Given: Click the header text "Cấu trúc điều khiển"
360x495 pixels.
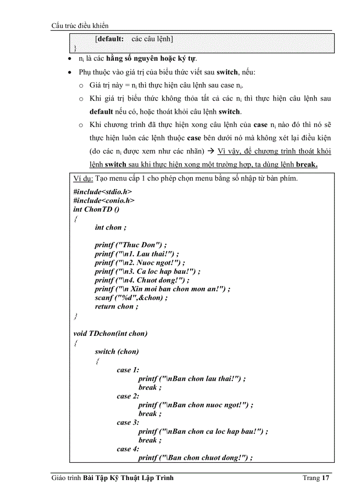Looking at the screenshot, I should coord(80,26).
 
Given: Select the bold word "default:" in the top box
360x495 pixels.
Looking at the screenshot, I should coord(110,39).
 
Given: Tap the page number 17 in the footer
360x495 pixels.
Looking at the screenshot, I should coord(326,478).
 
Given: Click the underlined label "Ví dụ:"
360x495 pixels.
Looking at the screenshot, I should coord(83,179).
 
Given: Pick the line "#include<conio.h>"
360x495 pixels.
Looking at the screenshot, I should coord(104,201).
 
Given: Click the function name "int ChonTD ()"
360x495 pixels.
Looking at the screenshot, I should coord(96,209).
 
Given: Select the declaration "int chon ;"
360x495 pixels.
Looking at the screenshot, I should coord(110,227).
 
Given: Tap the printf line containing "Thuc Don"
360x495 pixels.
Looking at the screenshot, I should coord(131,245).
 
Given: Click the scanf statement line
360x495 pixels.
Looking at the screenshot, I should coord(131,298).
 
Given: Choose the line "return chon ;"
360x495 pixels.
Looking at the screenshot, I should coord(116,306).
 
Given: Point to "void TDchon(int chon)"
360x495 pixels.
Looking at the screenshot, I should coord(110,333).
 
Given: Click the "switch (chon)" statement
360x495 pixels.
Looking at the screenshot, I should coord(116,351).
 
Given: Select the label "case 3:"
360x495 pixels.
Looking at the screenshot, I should coord(128,422).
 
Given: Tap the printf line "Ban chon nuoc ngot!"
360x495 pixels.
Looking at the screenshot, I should coord(195,405).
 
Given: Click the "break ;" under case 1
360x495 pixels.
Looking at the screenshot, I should coord(150,387).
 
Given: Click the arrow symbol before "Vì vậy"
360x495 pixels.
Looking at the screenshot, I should coord(210,151).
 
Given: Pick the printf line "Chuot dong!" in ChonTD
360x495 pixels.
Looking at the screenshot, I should coord(142,280).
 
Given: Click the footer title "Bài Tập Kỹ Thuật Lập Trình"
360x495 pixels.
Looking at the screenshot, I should coord(128,478).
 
